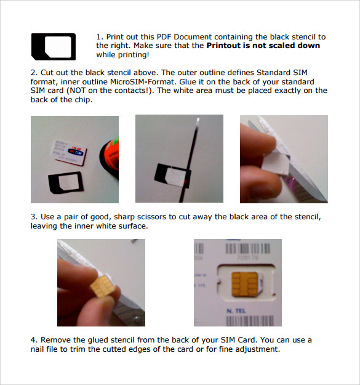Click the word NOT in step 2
tap(78, 91)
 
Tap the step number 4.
tap(34, 340)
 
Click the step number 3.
tap(34, 217)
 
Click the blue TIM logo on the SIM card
tap(76, 152)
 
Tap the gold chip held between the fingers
tap(102, 286)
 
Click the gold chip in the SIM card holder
tap(244, 283)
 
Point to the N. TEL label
tap(236, 311)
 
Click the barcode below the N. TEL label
tap(250, 321)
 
